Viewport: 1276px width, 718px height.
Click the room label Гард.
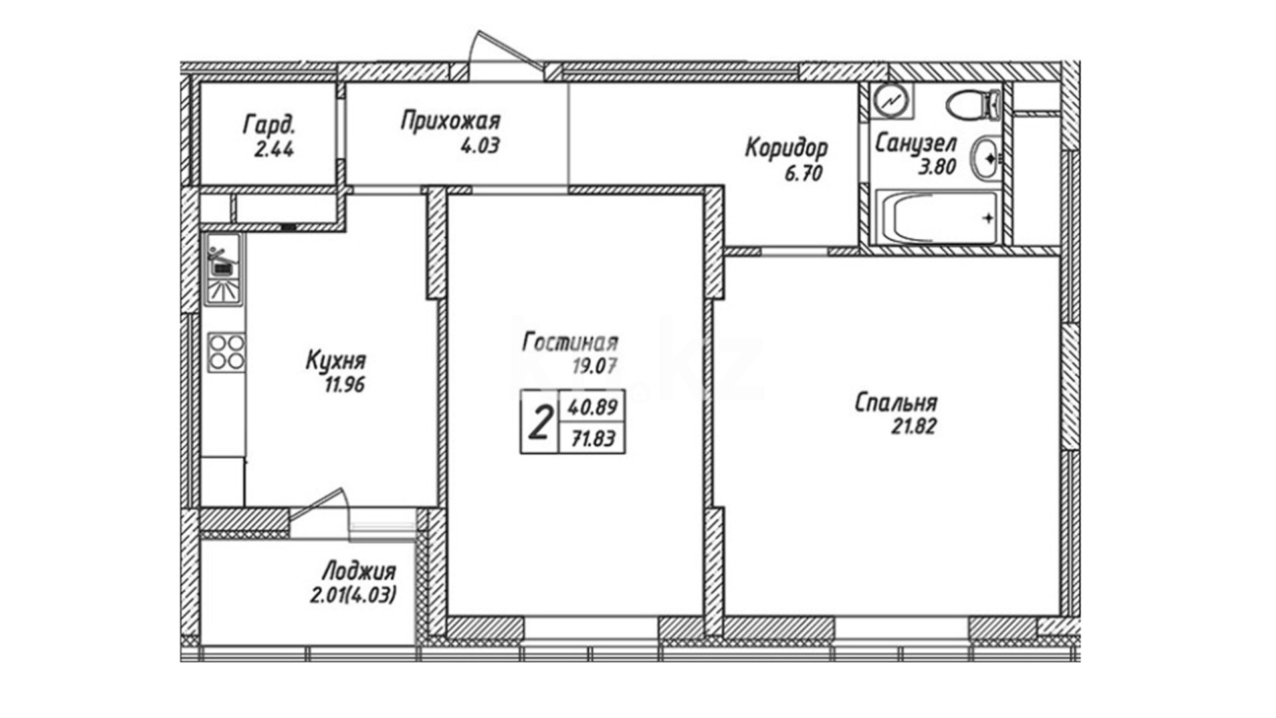pyautogui.click(x=270, y=124)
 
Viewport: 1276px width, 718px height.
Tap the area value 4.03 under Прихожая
pyautogui.click(x=480, y=146)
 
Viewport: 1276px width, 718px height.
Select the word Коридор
pyautogui.click(x=786, y=148)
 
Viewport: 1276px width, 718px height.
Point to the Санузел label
pyautogui.click(x=916, y=143)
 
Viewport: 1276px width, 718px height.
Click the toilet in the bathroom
pyautogui.click(x=974, y=105)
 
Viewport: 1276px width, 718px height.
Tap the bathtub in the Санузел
pyautogui.click(x=936, y=217)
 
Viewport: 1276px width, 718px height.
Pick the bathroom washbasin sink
pyautogui.click(x=986, y=158)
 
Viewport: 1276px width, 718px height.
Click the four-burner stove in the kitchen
pyautogui.click(x=226, y=352)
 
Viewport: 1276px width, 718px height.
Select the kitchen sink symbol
pyautogui.click(x=223, y=269)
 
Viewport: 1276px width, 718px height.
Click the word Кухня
pyautogui.click(x=336, y=361)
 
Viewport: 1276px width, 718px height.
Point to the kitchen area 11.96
pyautogui.click(x=344, y=384)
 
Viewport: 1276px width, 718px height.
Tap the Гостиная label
pyautogui.click(x=570, y=342)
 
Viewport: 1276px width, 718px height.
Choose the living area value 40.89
pyautogui.click(x=592, y=406)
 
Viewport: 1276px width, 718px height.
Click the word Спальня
pyautogui.click(x=896, y=403)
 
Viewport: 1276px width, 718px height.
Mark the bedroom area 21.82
pyautogui.click(x=914, y=426)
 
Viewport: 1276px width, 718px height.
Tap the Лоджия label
pyautogui.click(x=359, y=571)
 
